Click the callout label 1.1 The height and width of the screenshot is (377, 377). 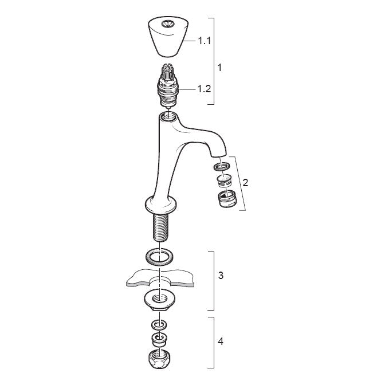(204, 41)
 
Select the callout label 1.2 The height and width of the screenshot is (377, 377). (204, 89)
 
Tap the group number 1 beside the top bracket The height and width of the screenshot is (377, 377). (219, 68)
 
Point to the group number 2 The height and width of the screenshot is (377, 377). (245, 183)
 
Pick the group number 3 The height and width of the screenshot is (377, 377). (221, 275)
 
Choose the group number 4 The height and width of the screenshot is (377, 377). (221, 341)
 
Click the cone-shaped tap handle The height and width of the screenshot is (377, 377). (168, 37)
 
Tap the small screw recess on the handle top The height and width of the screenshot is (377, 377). (166, 23)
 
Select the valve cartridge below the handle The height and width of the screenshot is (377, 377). (168, 85)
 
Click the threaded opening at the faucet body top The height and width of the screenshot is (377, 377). (168, 117)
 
